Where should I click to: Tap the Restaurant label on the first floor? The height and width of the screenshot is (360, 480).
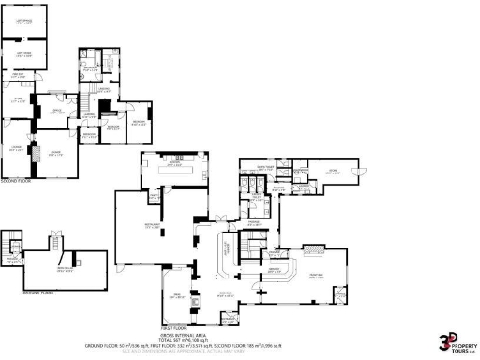[150, 226]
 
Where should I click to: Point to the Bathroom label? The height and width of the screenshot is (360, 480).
[91, 69]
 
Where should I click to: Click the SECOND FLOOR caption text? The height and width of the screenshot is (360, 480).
[17, 180]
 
